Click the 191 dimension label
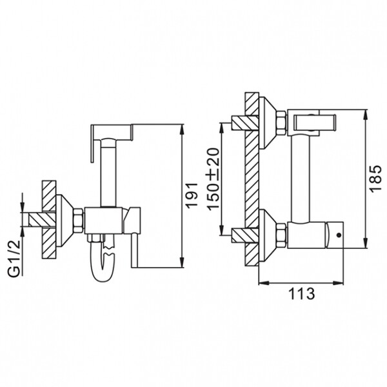(192, 195)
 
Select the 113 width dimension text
(302, 293)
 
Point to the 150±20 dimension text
(213, 179)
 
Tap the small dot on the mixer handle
(339, 235)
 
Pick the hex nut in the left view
(79, 220)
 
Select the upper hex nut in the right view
(281, 123)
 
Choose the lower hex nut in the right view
(281, 235)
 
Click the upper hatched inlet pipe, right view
(244, 123)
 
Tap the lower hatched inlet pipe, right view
(244, 235)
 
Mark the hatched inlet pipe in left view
(42, 220)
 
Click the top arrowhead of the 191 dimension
(182, 130)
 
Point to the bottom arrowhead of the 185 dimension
(366, 243)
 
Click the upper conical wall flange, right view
(267, 123)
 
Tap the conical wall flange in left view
(64, 221)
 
